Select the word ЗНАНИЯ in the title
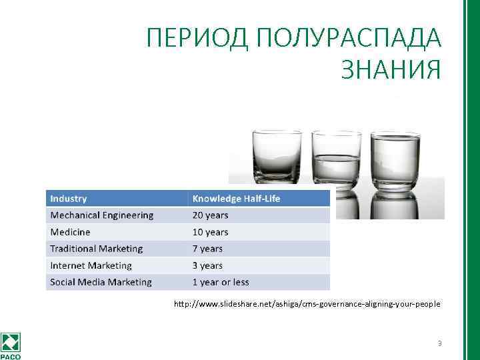coord(391,69)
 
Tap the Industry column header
coord(69,199)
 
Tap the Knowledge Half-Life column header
coord(236,199)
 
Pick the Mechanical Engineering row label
coord(101,215)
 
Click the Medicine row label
coord(70,232)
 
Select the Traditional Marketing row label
coord(96,249)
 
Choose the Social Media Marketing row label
coord(101,282)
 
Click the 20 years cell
coord(210,215)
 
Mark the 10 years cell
coord(210,232)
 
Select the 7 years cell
coord(207,249)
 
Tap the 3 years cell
coord(207,265)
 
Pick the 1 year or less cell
coord(221,282)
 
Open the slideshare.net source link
coord(307,304)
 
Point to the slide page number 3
coord(440,344)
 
